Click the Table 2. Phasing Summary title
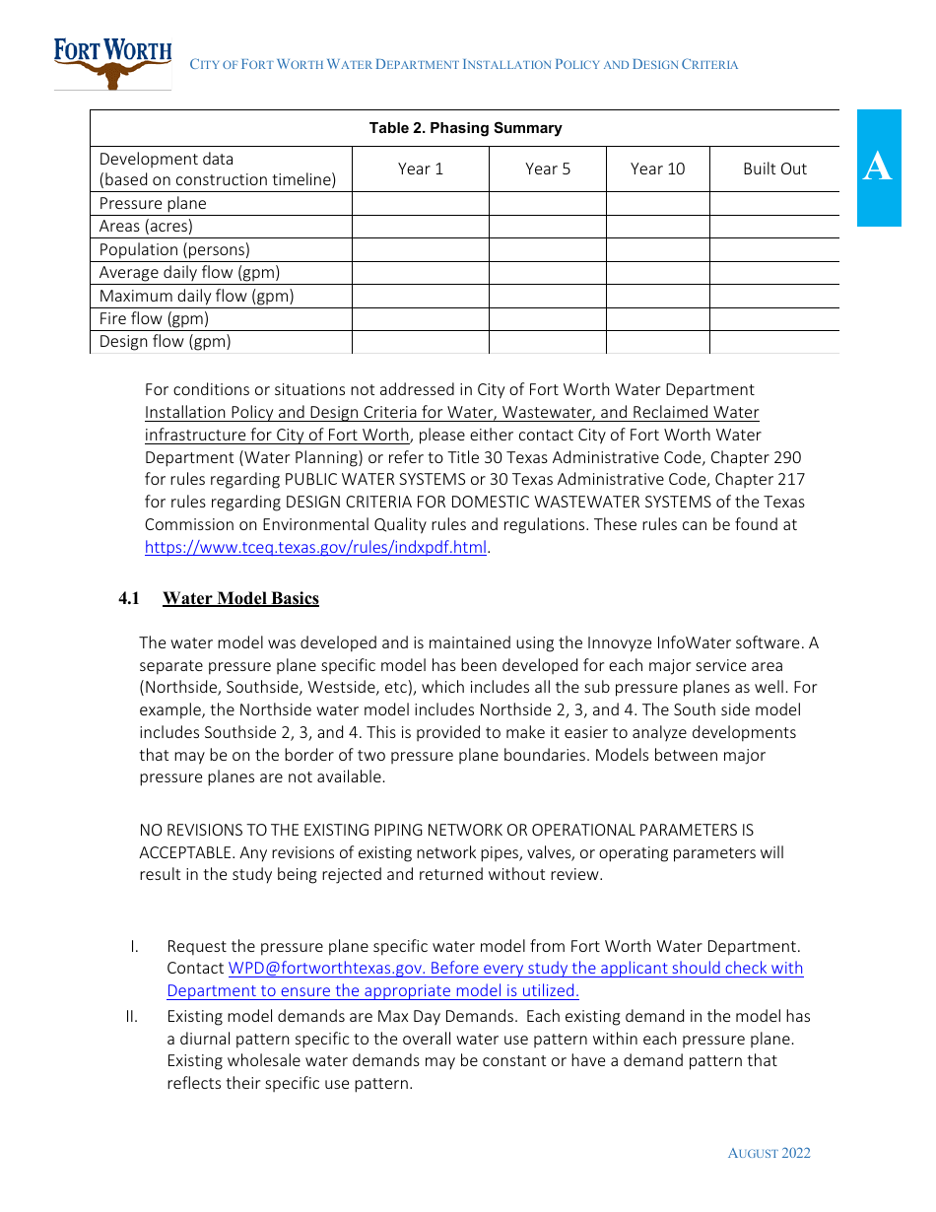[x=465, y=128]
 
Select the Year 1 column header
[x=421, y=168]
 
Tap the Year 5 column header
[x=548, y=168]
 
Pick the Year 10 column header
[x=657, y=168]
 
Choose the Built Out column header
[x=774, y=168]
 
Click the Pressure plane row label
[x=153, y=204]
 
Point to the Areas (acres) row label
[x=146, y=227]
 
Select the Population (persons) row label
[x=174, y=250]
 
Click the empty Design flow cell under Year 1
[x=421, y=342]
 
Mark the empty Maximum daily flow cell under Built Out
[x=774, y=296]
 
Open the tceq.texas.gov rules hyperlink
[x=315, y=548]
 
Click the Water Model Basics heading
[x=240, y=598]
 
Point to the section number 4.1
[x=130, y=598]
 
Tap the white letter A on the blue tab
[x=878, y=168]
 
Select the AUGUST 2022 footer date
[x=769, y=1153]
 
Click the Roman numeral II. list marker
[x=132, y=1016]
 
